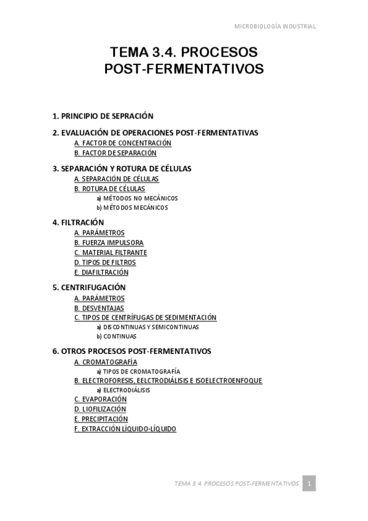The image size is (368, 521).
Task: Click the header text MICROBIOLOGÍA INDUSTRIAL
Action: (275, 26)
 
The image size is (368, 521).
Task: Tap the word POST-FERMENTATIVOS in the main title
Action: (184, 69)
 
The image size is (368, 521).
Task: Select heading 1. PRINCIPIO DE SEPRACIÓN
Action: (103, 116)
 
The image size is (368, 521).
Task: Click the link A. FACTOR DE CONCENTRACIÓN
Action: (122, 143)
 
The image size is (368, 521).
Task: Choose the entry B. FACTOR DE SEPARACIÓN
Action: (115, 153)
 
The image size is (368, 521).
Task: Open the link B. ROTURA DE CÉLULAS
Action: (109, 189)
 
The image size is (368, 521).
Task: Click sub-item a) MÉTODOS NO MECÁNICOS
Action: (137, 198)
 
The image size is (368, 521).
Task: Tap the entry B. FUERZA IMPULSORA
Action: (109, 243)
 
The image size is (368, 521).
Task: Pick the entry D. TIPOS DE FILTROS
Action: (104, 262)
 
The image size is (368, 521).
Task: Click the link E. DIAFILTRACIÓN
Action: (101, 272)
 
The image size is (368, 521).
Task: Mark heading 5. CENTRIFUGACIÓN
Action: (89, 287)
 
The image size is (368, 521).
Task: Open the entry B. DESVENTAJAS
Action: (99, 308)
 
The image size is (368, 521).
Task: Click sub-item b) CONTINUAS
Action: (116, 336)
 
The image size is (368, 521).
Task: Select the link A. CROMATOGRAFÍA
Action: (105, 362)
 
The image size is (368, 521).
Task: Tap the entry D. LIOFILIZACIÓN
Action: (100, 409)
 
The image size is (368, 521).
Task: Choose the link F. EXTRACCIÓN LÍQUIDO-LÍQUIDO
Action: (125, 429)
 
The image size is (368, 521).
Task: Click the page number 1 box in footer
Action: (310, 484)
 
